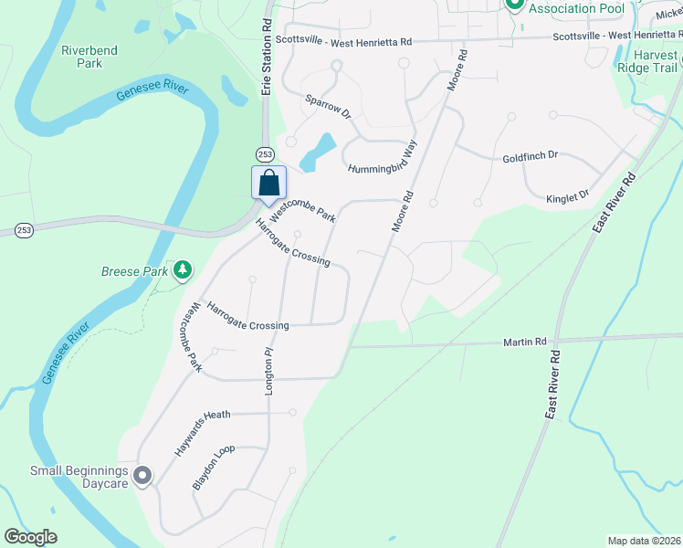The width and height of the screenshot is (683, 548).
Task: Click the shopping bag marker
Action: [x=268, y=181]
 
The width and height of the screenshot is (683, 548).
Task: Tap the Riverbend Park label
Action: [x=89, y=58]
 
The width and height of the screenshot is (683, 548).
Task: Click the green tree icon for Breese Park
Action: [x=184, y=269]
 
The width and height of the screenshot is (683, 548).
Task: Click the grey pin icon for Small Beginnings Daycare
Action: [x=142, y=476]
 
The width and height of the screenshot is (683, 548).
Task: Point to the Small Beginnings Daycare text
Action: [x=79, y=477]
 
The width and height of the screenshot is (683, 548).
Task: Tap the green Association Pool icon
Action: [x=514, y=5]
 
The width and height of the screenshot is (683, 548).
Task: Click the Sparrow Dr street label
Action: [x=328, y=106]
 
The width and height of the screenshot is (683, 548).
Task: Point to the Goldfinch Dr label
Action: [x=530, y=157]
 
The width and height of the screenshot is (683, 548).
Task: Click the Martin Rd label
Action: [x=524, y=342]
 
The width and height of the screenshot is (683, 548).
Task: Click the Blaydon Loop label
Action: [x=214, y=468]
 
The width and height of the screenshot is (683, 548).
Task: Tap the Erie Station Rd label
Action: [x=267, y=64]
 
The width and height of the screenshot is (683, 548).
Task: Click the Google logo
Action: [x=30, y=537]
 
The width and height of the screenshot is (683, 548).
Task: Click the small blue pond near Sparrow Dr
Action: [x=319, y=149]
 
